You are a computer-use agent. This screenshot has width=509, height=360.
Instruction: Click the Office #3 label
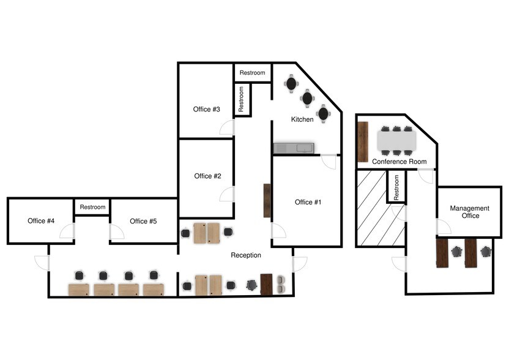click(207, 110)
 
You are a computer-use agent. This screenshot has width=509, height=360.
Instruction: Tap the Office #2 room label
click(207, 176)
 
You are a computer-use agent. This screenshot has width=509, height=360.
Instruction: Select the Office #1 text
click(308, 203)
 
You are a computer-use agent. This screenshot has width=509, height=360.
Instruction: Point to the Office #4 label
click(41, 221)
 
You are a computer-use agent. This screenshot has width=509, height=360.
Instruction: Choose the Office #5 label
click(143, 221)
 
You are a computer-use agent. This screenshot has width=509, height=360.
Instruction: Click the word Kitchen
click(302, 119)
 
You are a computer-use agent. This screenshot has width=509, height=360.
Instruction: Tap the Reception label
click(246, 255)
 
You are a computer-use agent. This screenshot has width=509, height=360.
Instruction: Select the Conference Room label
click(399, 162)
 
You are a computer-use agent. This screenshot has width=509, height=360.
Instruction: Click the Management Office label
click(469, 212)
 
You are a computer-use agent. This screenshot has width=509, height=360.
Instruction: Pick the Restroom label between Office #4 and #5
click(92, 207)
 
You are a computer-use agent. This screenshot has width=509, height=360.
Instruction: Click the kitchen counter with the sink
click(293, 148)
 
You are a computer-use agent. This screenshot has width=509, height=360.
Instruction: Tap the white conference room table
click(396, 141)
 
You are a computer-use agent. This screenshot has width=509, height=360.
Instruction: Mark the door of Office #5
click(115, 232)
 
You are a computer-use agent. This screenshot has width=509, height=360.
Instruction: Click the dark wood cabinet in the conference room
click(363, 141)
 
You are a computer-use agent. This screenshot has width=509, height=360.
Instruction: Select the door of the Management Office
click(444, 228)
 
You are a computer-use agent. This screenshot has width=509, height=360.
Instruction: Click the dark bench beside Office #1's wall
click(267, 200)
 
